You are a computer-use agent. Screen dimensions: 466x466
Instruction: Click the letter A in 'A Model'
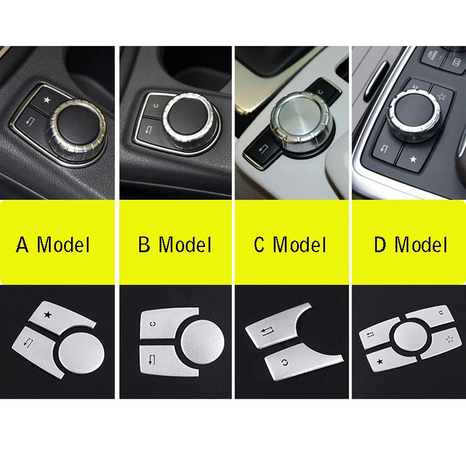pyautogui.click(x=23, y=244)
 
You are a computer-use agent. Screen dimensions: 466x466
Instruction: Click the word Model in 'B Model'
pyautogui.click(x=184, y=244)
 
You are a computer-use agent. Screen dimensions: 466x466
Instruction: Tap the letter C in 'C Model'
pyautogui.click(x=260, y=244)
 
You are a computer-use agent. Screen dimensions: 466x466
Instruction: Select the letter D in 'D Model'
pyautogui.click(x=380, y=244)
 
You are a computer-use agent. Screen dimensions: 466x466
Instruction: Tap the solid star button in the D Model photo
pyautogui.click(x=412, y=158)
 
